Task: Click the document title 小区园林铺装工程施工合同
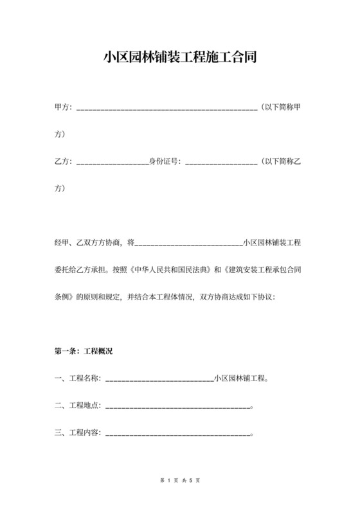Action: [x=180, y=57]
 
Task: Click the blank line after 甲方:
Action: [x=166, y=107]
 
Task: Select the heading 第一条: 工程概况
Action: [x=84, y=352]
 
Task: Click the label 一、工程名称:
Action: [x=77, y=379]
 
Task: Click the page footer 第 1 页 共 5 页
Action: [x=180, y=480]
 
